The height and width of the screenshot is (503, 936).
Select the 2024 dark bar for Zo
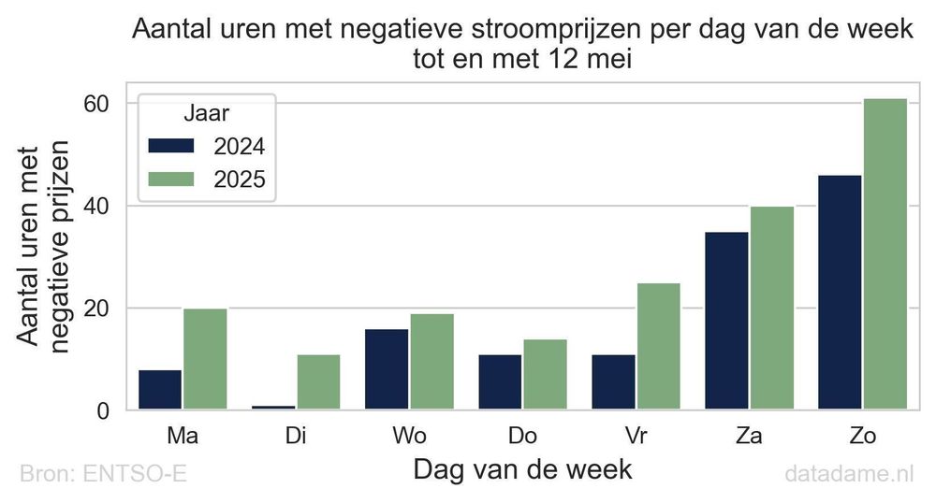(840, 292)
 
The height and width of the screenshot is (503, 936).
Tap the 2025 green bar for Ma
(205, 359)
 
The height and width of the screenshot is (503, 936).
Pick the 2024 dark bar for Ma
(159, 390)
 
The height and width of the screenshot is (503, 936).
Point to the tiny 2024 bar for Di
(272, 407)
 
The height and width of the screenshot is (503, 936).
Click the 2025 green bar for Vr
(658, 346)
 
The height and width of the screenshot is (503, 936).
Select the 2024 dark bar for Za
(726, 320)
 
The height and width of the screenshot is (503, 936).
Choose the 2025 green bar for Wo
(431, 361)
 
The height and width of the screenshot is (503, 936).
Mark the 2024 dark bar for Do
(500, 381)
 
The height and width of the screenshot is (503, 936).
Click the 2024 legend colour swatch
(170, 146)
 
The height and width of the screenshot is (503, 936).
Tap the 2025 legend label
(240, 180)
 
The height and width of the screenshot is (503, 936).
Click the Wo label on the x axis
(409, 436)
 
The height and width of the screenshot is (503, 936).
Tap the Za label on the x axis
(749, 436)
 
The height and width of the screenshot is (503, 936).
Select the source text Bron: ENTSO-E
(103, 474)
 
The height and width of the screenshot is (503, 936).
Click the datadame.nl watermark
(849, 474)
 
